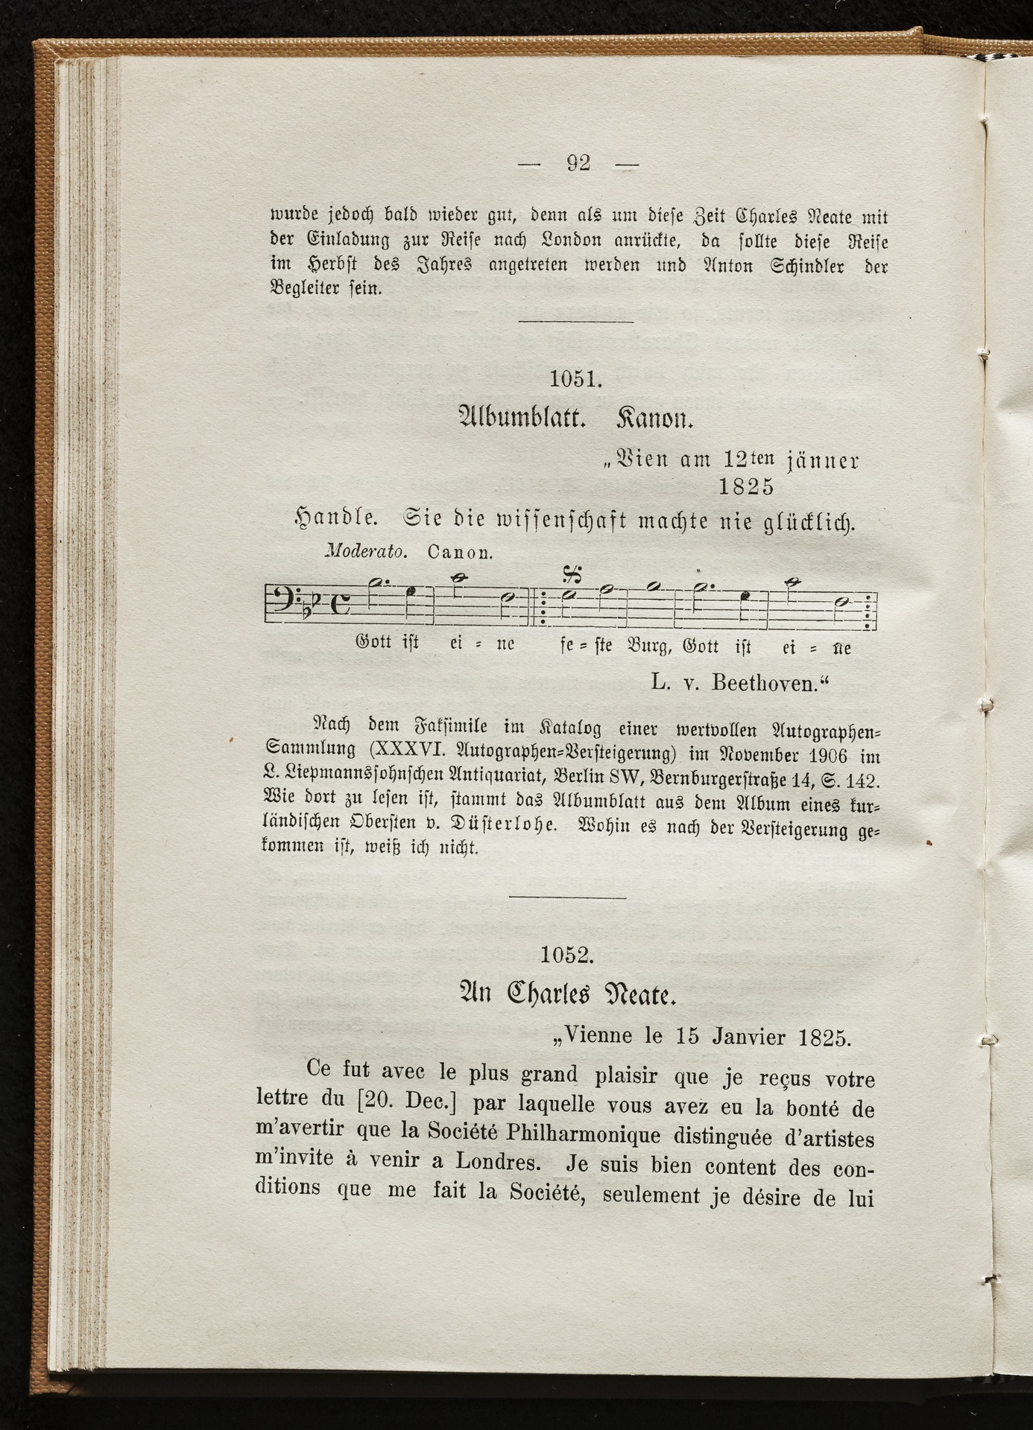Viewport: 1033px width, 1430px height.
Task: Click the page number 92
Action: tap(578, 163)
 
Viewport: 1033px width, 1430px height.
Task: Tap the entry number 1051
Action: tap(575, 379)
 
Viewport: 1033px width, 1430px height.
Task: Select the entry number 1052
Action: tap(566, 955)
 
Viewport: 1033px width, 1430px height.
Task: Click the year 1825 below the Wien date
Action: tap(746, 486)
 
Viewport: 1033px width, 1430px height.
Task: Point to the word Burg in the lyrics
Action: tap(650, 646)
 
